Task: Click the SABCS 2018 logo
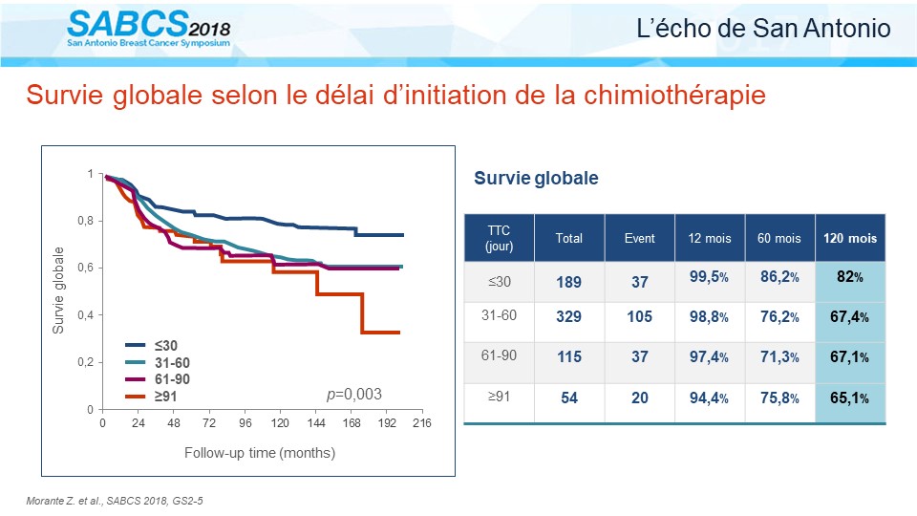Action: pyautogui.click(x=149, y=28)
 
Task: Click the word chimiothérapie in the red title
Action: pyautogui.click(x=674, y=96)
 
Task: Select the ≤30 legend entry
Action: pyautogui.click(x=152, y=346)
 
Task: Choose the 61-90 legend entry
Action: pyautogui.click(x=158, y=379)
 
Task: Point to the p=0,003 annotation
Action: pyautogui.click(x=353, y=395)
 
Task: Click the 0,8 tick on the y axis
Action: pyautogui.click(x=85, y=221)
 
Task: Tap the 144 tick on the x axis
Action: pyautogui.click(x=316, y=423)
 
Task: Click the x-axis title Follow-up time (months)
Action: pyautogui.click(x=260, y=453)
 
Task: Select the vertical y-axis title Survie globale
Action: pyautogui.click(x=58, y=290)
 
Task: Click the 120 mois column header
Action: pyautogui.click(x=850, y=238)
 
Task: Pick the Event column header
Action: pyautogui.click(x=640, y=238)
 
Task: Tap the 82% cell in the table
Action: pyautogui.click(x=850, y=277)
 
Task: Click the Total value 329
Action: pyautogui.click(x=569, y=316)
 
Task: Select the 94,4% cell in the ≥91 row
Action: pyautogui.click(x=709, y=398)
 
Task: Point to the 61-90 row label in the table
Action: pyautogui.click(x=499, y=355)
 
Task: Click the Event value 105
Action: pyautogui.click(x=640, y=316)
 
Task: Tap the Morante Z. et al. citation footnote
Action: pyautogui.click(x=115, y=501)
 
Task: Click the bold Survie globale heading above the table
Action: pyautogui.click(x=536, y=178)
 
